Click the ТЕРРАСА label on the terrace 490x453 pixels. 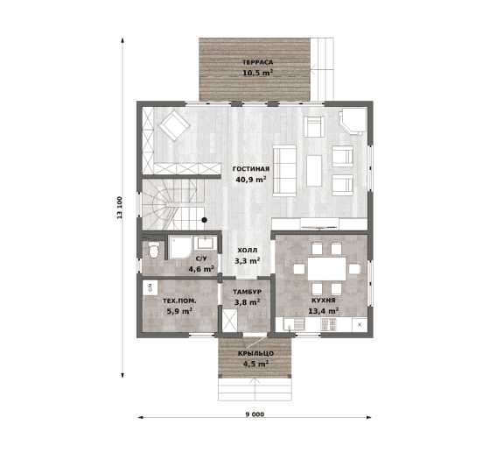258,62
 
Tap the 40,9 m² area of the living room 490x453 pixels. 251,180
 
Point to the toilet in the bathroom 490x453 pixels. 153,250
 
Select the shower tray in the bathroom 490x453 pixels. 181,248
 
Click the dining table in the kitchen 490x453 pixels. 327,268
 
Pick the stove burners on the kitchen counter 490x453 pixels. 328,324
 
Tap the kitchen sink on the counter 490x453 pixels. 294,324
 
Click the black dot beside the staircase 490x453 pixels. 205,220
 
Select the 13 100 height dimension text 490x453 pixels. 119,208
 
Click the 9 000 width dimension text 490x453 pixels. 255,414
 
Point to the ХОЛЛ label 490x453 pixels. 248,251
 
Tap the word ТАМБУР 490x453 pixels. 247,292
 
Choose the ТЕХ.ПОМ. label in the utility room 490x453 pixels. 179,301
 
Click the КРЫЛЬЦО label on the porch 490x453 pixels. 255,353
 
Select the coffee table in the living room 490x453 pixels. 314,171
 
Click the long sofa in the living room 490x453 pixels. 284,171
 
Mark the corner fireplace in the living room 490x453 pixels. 353,122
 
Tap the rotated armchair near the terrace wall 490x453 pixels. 174,126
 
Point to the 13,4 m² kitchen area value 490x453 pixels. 324,311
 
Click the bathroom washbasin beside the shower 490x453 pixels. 205,243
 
